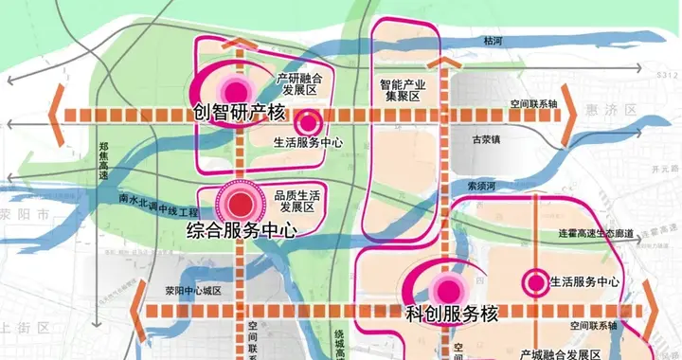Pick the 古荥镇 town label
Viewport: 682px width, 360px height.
(491, 139)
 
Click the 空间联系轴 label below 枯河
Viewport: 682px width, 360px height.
(531, 102)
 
